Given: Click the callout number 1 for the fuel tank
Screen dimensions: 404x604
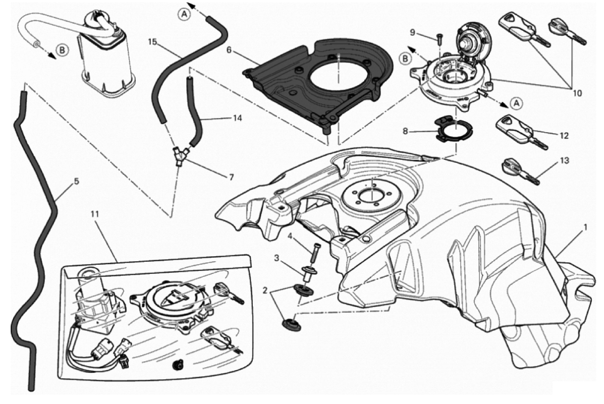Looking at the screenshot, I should pyautogui.click(x=585, y=227).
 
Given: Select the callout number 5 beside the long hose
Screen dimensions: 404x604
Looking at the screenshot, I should pyautogui.click(x=76, y=181).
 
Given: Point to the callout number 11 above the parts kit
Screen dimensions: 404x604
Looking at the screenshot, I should pyautogui.click(x=95, y=213).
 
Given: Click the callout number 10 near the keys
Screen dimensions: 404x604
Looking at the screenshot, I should pyautogui.click(x=577, y=93).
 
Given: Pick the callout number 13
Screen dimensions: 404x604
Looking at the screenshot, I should pyautogui.click(x=564, y=160).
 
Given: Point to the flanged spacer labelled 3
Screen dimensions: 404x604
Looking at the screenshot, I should pyautogui.click(x=306, y=273).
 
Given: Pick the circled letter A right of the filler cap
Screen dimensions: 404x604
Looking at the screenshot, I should pyautogui.click(x=516, y=102).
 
